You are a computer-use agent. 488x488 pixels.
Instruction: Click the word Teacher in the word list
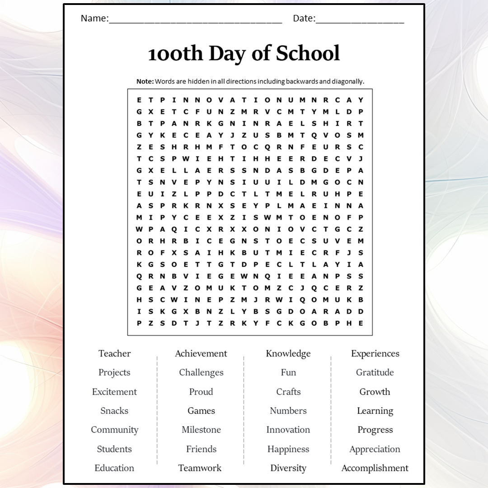tap(114, 353)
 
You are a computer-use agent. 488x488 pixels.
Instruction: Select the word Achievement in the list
tap(201, 353)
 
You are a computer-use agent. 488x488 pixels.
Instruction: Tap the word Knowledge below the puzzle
tap(288, 353)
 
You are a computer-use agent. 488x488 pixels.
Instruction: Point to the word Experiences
tap(375, 353)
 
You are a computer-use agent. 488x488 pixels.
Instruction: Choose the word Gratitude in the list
tap(375, 372)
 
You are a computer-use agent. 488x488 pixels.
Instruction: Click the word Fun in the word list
tap(288, 372)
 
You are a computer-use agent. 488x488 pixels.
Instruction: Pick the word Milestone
tap(201, 430)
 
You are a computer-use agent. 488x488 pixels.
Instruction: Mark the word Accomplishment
tap(375, 468)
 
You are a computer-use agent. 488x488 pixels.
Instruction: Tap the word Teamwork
tap(200, 468)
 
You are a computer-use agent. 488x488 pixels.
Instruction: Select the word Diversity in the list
tap(288, 468)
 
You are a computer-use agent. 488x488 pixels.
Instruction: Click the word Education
tap(114, 468)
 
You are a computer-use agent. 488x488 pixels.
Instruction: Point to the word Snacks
tap(114, 411)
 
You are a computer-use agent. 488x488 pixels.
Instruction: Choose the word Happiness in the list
tap(288, 449)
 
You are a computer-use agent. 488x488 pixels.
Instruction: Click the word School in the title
tap(308, 53)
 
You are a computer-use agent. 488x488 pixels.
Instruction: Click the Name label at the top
tap(94, 19)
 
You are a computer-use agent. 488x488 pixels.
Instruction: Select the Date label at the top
tap(304, 19)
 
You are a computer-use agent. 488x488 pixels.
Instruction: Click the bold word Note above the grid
tap(145, 81)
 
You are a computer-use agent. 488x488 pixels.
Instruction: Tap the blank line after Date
tap(360, 21)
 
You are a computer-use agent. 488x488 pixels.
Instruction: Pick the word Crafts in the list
tap(288, 392)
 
